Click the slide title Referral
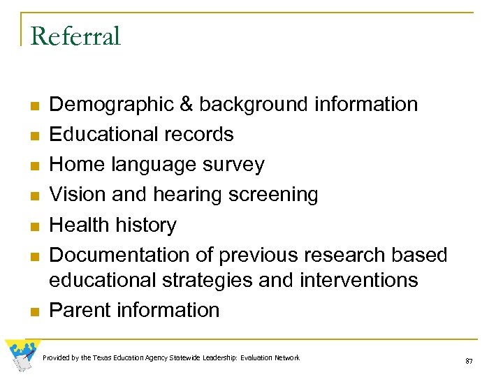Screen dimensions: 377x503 75,36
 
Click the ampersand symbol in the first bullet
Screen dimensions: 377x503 187,105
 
